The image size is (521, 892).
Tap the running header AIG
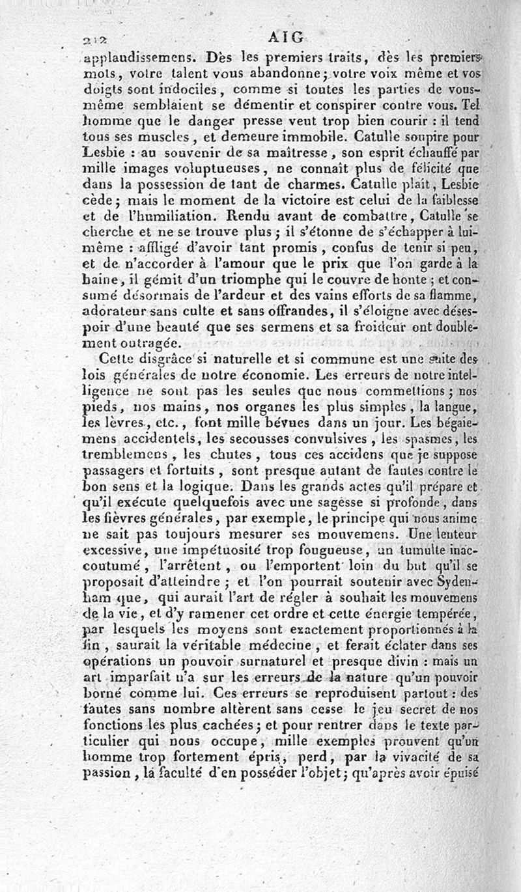(x=285, y=37)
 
